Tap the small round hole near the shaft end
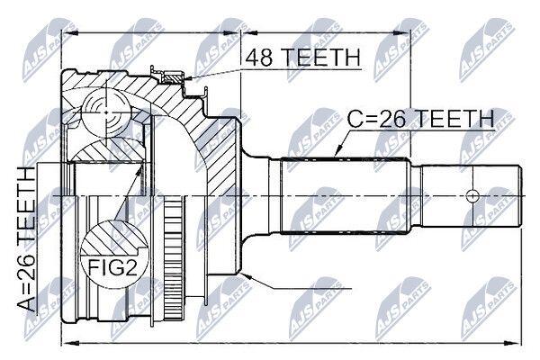471,194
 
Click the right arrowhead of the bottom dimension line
519,343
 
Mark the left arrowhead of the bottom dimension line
66,343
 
